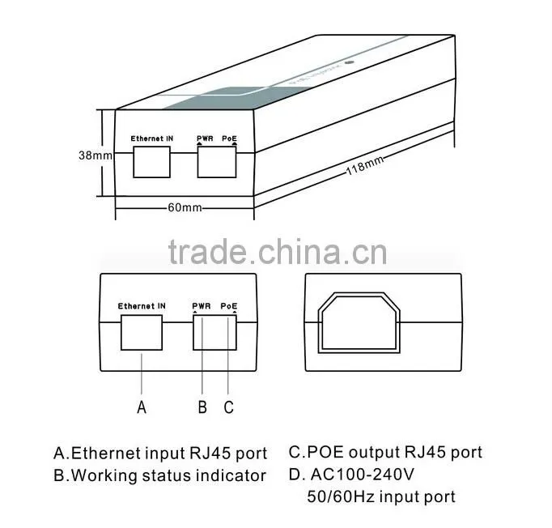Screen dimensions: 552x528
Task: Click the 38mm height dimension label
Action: coord(96,155)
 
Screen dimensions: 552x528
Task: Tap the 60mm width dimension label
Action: coord(185,207)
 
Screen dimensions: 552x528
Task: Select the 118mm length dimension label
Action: coord(365,166)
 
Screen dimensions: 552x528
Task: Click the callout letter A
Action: coord(142,407)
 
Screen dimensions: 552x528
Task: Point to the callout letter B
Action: coord(202,407)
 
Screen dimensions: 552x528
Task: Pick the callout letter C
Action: coord(228,407)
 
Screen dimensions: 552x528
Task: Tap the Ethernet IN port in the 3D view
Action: coord(151,162)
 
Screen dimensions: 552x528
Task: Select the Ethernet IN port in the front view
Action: coord(142,333)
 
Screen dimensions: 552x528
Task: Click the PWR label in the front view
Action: coord(202,306)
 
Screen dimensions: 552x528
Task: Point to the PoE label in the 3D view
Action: coord(229,138)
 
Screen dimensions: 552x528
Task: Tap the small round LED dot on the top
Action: coord(350,62)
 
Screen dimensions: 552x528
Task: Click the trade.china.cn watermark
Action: coord(278,251)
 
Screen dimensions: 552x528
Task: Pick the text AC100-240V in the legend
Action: coord(363,474)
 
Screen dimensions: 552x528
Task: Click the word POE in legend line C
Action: coord(325,452)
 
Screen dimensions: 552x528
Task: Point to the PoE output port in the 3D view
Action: coord(217,162)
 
